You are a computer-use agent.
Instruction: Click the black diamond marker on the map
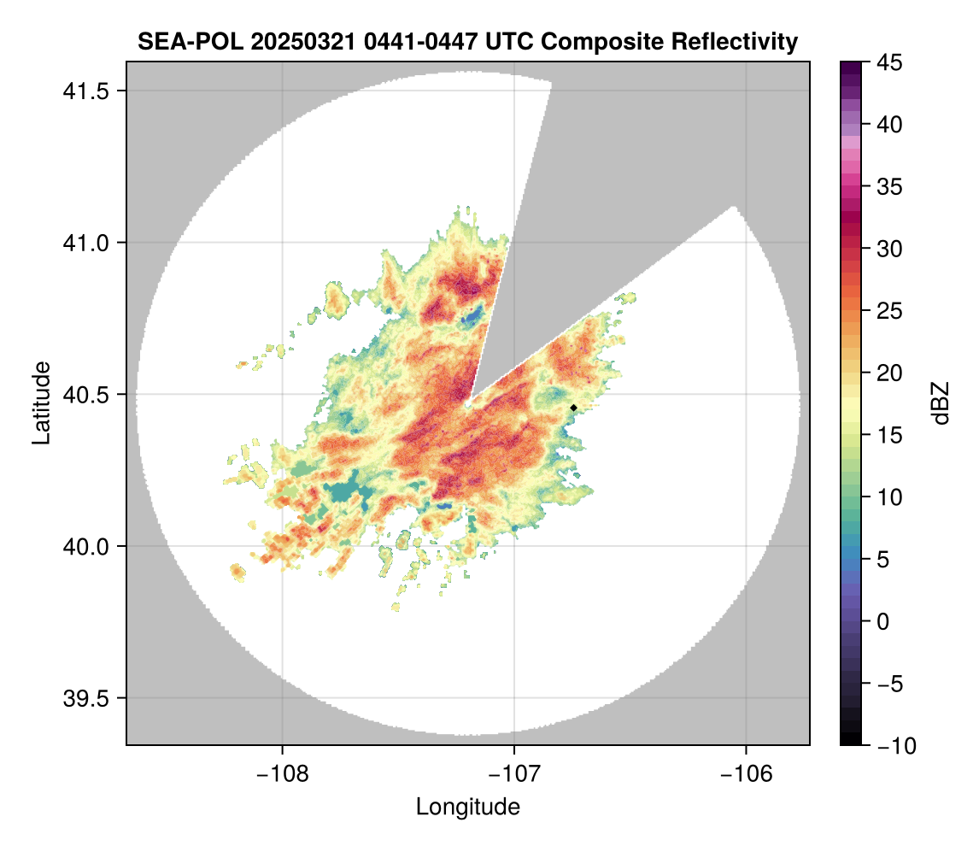pyautogui.click(x=573, y=408)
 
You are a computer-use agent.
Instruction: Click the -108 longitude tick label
pyautogui.click(x=281, y=773)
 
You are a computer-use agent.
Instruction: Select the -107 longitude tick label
pyautogui.click(x=514, y=773)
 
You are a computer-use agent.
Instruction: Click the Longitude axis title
pyautogui.click(x=468, y=807)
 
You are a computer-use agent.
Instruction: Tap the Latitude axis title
pyautogui.click(x=41, y=402)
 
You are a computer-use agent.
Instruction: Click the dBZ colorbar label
pyautogui.click(x=941, y=402)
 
